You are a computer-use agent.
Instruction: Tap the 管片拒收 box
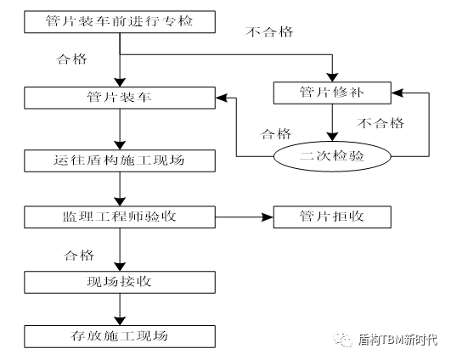[332, 218]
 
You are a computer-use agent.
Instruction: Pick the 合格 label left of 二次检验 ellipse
[274, 134]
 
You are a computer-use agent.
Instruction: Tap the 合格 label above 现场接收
[79, 254]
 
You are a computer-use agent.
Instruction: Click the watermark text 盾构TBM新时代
[398, 339]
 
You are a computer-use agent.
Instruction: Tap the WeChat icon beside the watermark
[345, 339]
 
